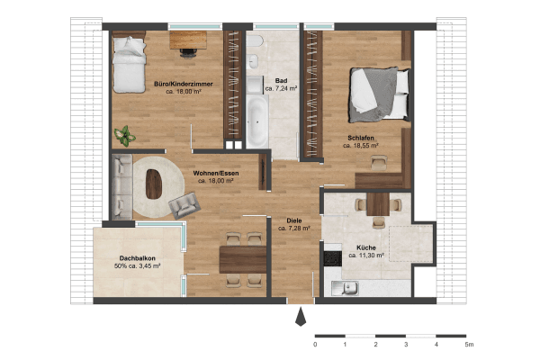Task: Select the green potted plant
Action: [124, 136]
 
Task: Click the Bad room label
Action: [281, 81]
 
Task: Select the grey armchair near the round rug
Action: [186, 204]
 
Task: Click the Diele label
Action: [293, 220]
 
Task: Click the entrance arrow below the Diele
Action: [301, 318]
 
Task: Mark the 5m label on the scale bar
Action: [467, 344]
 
